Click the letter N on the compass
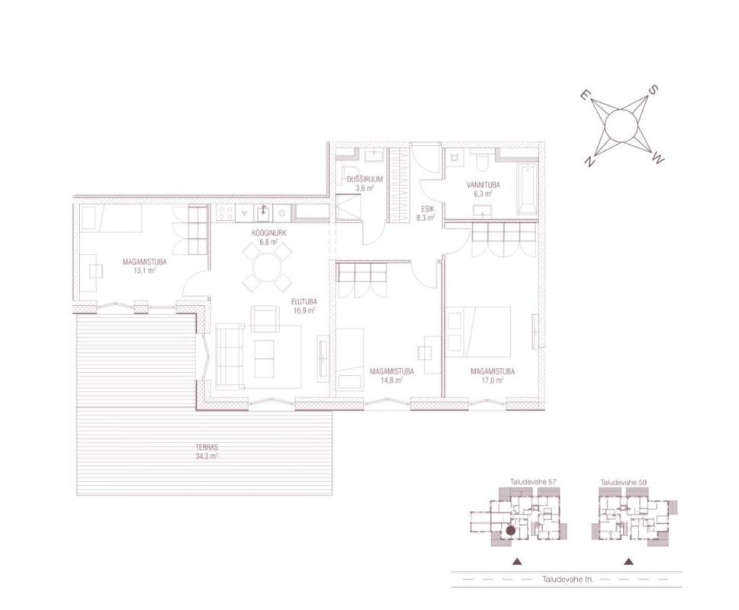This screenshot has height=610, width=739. (589, 162)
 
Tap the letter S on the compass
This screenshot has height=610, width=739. (654, 89)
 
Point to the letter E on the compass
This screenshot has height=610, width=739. (583, 95)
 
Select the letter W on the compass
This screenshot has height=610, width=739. (658, 159)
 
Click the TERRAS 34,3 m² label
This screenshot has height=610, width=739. (207, 451)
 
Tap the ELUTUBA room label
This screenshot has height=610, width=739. (304, 302)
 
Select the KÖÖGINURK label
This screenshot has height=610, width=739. (268, 233)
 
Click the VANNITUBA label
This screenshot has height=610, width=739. (483, 185)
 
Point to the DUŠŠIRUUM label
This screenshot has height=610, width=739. (365, 179)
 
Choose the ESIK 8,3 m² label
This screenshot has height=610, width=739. (425, 213)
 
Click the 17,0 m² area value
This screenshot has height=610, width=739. (492, 380)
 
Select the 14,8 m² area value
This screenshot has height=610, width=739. (391, 380)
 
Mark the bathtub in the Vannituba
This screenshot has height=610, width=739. (528, 189)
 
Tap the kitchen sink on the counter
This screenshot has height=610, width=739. (263, 213)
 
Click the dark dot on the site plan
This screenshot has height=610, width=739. (510, 531)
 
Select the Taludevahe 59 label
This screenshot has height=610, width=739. (623, 483)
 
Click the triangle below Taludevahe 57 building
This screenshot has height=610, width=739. (518, 561)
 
